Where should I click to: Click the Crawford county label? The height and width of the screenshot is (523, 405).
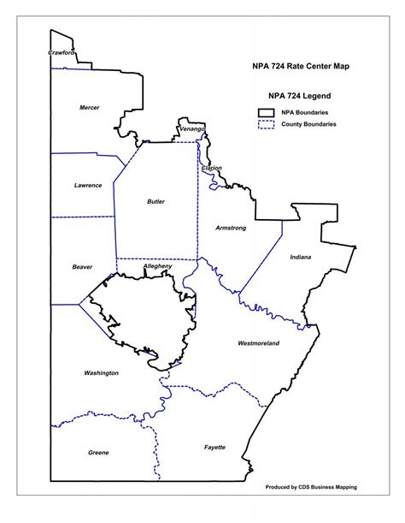(62, 52)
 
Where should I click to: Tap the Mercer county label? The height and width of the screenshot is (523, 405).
(90, 107)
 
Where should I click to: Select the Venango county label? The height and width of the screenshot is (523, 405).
(192, 128)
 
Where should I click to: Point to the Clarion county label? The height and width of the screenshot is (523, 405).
(211, 168)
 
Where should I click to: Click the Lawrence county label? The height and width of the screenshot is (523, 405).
(88, 185)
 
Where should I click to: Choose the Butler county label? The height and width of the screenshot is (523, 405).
(156, 202)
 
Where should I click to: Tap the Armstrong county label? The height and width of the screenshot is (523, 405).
(231, 228)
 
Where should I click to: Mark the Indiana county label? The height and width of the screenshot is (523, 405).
(300, 257)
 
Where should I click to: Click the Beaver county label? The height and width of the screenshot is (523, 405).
(82, 267)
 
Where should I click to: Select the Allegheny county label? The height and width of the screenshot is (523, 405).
(158, 266)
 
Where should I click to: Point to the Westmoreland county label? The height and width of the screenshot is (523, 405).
(258, 343)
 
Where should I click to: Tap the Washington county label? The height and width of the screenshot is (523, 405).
(102, 373)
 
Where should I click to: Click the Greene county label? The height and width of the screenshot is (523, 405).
(98, 452)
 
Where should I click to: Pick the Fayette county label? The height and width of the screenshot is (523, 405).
(214, 448)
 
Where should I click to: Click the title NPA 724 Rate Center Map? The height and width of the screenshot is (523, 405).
(299, 66)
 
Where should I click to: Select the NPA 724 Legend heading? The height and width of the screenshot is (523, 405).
(299, 95)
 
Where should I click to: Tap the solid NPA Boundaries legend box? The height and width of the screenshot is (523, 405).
(266, 112)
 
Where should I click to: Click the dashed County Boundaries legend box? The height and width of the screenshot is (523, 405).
(266, 124)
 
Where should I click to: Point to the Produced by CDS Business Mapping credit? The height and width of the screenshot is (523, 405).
(312, 487)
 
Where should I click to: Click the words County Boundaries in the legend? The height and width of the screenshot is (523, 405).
(308, 124)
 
